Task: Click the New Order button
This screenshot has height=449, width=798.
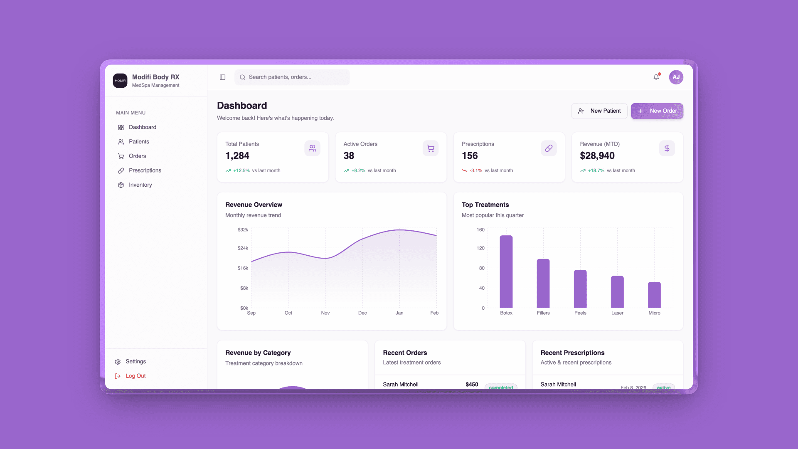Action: point(657,111)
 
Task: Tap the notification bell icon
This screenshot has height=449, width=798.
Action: point(656,77)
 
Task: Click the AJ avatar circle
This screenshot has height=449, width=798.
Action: point(676,77)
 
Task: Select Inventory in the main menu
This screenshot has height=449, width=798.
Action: point(140,185)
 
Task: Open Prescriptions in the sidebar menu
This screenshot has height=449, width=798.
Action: point(145,170)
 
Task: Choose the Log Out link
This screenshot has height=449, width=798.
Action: point(135,376)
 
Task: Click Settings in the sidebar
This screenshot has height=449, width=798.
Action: point(135,362)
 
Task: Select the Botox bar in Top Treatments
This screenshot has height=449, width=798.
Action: point(506,272)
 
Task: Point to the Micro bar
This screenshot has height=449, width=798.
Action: point(654,295)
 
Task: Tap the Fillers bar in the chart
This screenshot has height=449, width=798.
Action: point(543,284)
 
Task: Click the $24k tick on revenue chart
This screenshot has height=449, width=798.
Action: point(243,248)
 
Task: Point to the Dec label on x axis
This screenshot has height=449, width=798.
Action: point(362,313)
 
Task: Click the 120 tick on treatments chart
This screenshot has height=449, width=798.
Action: point(480,248)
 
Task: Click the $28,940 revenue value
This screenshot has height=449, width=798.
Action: point(597,156)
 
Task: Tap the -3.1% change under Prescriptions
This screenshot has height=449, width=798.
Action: point(476,170)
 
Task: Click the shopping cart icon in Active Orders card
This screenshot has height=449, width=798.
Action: point(431,148)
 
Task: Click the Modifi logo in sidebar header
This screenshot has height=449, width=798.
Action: point(120,81)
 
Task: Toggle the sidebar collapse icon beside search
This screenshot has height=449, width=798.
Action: point(223,77)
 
